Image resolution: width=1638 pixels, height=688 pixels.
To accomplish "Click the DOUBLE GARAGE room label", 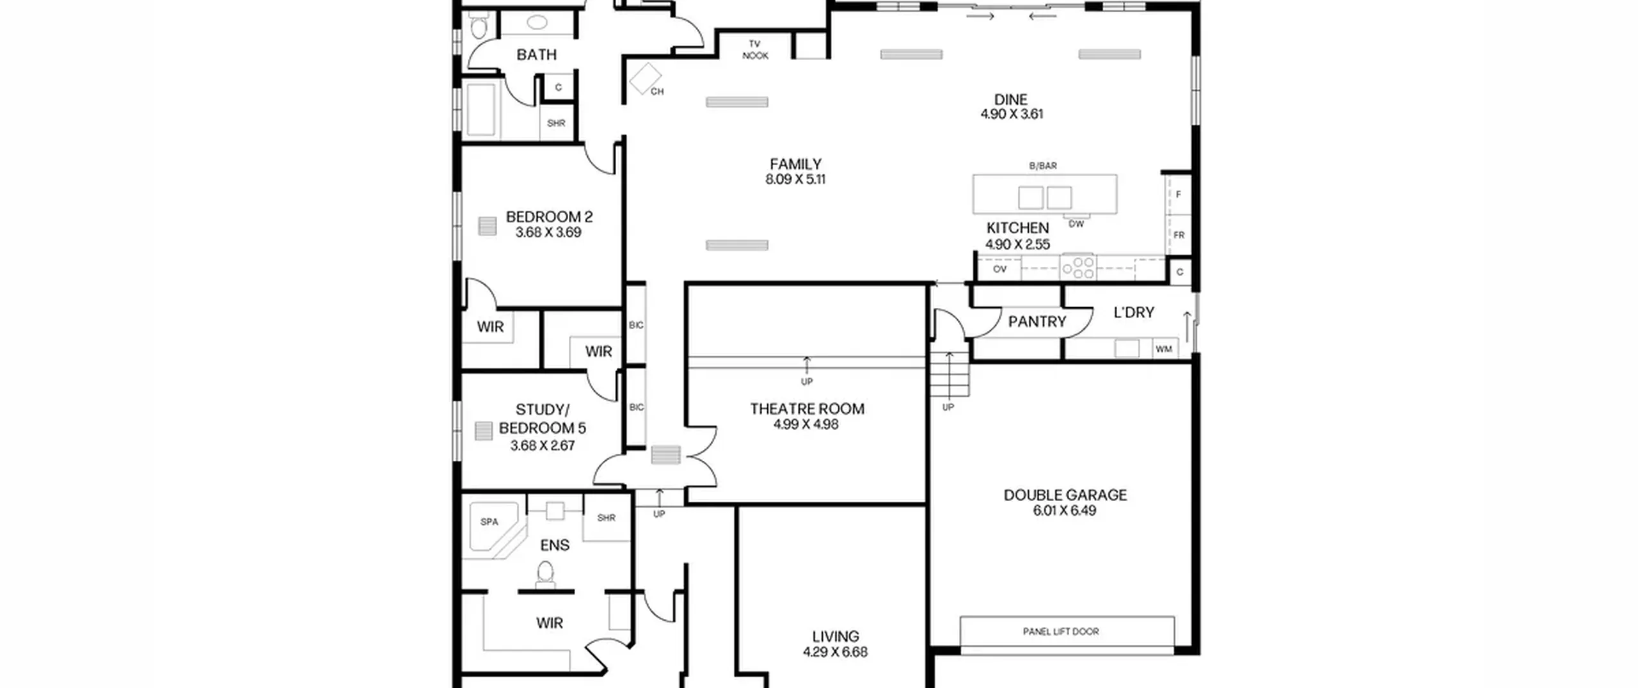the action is pos(1065,495).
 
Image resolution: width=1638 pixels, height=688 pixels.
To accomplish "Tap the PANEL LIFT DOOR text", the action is pos(1061,632).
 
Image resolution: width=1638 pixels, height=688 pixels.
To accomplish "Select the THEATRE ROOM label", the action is pos(807,409).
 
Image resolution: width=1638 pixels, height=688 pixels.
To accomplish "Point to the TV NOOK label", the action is pos(755,50).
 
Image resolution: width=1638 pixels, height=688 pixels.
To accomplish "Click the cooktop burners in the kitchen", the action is pos(1078,268).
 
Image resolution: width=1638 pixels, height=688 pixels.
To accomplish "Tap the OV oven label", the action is pos(999,269).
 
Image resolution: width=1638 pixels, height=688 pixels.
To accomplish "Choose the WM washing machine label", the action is pos(1164,349).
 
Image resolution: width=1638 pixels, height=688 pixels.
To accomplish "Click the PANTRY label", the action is pos(1037,321).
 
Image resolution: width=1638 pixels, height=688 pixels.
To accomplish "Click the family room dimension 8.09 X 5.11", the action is pos(795,179).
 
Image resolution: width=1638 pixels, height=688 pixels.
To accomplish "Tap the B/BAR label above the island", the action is pos(1043,166).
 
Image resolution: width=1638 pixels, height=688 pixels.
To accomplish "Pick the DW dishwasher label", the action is pos(1076,224).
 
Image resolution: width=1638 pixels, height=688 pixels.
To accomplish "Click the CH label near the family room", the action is pos(657,92).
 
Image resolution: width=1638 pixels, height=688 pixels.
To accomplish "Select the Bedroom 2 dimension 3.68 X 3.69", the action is pos(548,232).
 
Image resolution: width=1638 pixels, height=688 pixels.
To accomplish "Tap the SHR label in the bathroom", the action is pos(556,123).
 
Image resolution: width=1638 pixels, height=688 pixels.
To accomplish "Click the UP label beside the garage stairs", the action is pos(948,407).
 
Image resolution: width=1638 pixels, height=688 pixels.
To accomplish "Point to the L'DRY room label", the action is pos(1134,312).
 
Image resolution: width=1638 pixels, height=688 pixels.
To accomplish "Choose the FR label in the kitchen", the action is pos(1179,235).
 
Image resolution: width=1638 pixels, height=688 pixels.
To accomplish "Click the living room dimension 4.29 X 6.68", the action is pos(835,652).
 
